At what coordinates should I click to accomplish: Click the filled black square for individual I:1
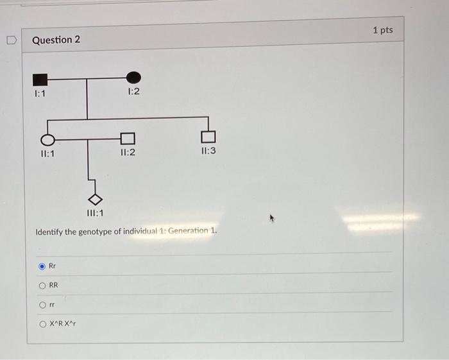pyautogui.click(x=40, y=80)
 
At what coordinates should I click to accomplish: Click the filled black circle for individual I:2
pyautogui.click(x=133, y=78)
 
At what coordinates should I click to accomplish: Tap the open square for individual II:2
pyautogui.click(x=128, y=138)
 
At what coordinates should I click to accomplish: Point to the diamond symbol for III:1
pyautogui.click(x=95, y=199)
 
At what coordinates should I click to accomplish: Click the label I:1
pyautogui.click(x=40, y=94)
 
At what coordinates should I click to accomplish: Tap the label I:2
pyautogui.click(x=133, y=92)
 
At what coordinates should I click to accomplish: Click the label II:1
pyautogui.click(x=47, y=153)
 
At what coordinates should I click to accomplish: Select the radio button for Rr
pyautogui.click(x=42, y=265)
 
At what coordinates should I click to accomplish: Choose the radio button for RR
pyautogui.click(x=42, y=286)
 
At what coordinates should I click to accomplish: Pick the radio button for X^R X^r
pyautogui.click(x=42, y=324)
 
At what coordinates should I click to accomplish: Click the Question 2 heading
pyautogui.click(x=56, y=40)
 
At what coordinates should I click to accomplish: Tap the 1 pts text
pyautogui.click(x=382, y=30)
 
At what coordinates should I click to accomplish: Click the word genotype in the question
pyautogui.click(x=99, y=231)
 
